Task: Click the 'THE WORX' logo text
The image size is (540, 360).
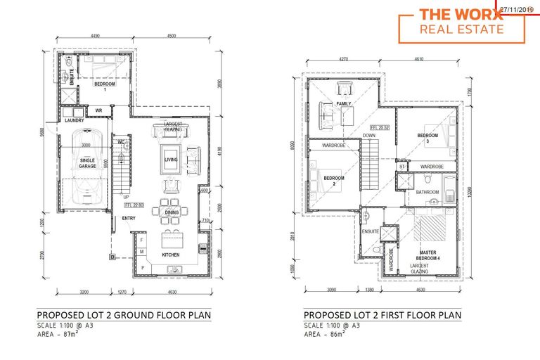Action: coord(461,14)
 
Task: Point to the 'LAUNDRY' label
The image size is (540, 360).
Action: coord(74,120)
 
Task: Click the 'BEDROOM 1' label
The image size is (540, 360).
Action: coord(105,86)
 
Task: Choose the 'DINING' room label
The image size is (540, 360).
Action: coord(172,212)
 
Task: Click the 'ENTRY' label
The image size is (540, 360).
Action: coord(129,218)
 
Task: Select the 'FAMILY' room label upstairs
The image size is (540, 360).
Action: coord(344,104)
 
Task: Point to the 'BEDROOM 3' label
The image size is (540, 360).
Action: coord(428,139)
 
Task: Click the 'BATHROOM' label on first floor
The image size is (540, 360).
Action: coord(427,192)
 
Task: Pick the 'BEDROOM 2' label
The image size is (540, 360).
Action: coord(334,181)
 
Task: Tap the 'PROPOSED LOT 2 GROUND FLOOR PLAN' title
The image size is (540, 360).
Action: coord(123,315)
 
